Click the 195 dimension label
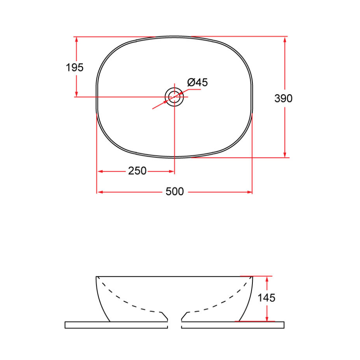click(x=75, y=68)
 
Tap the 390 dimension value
click(x=284, y=98)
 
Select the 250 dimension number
click(x=137, y=171)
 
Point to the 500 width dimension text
click(x=175, y=192)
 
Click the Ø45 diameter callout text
click(x=198, y=83)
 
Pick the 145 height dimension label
click(x=266, y=298)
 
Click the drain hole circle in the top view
click(x=174, y=96)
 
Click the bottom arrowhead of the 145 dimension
click(x=267, y=318)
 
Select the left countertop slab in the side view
click(x=116, y=325)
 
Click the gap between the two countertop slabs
click(x=174, y=325)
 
